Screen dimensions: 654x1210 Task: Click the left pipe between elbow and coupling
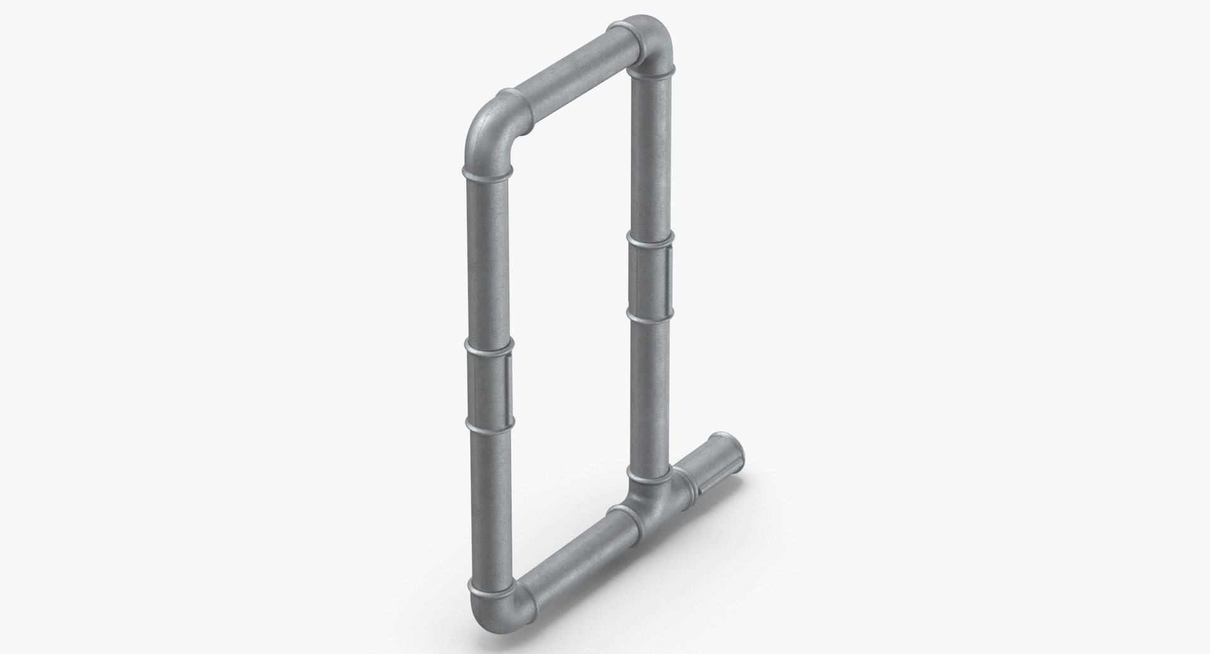click(488, 258)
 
